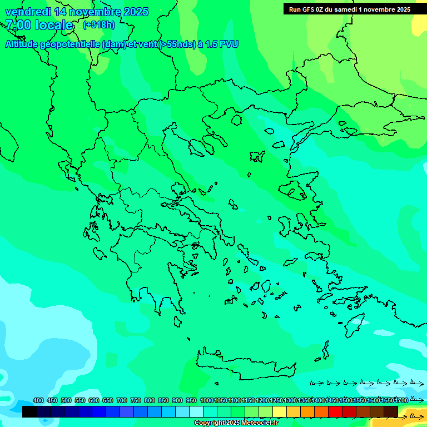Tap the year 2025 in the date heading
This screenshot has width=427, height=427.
click(x=135, y=12)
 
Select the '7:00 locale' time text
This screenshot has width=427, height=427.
click(x=39, y=25)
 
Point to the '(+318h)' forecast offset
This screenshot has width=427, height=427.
click(x=98, y=25)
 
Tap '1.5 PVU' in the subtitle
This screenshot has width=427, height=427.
click(x=222, y=44)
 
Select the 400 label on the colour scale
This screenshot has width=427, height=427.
click(x=38, y=400)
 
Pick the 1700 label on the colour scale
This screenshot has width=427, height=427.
click(x=401, y=400)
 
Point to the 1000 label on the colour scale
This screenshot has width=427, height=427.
click(x=206, y=400)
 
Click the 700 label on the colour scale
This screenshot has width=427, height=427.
click(x=122, y=400)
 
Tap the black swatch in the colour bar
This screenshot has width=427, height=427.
click(x=29, y=412)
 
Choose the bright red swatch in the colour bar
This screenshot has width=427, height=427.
click(x=335, y=412)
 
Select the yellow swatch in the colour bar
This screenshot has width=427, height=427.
click(x=280, y=412)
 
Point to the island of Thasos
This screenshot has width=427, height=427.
click(x=236, y=120)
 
